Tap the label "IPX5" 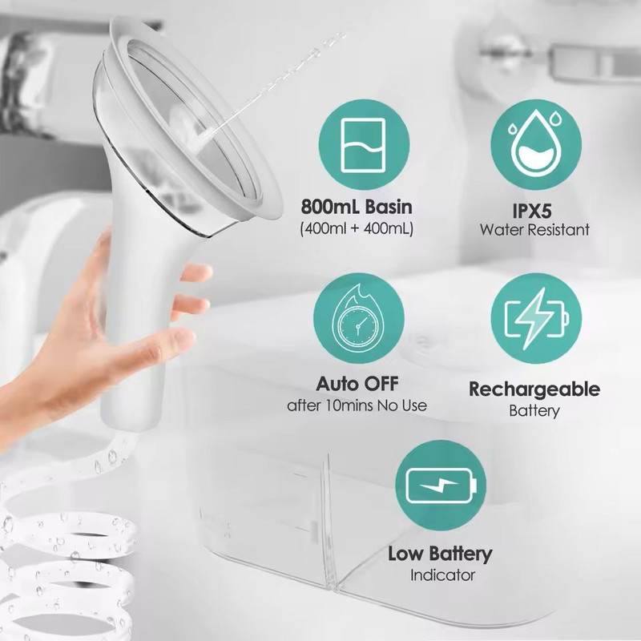click(534, 210)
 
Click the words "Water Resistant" click(534, 230)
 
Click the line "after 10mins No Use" click(357, 405)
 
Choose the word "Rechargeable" click(534, 390)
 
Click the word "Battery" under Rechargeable click(534, 411)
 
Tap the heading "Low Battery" click(440, 554)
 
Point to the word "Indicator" click(442, 574)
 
